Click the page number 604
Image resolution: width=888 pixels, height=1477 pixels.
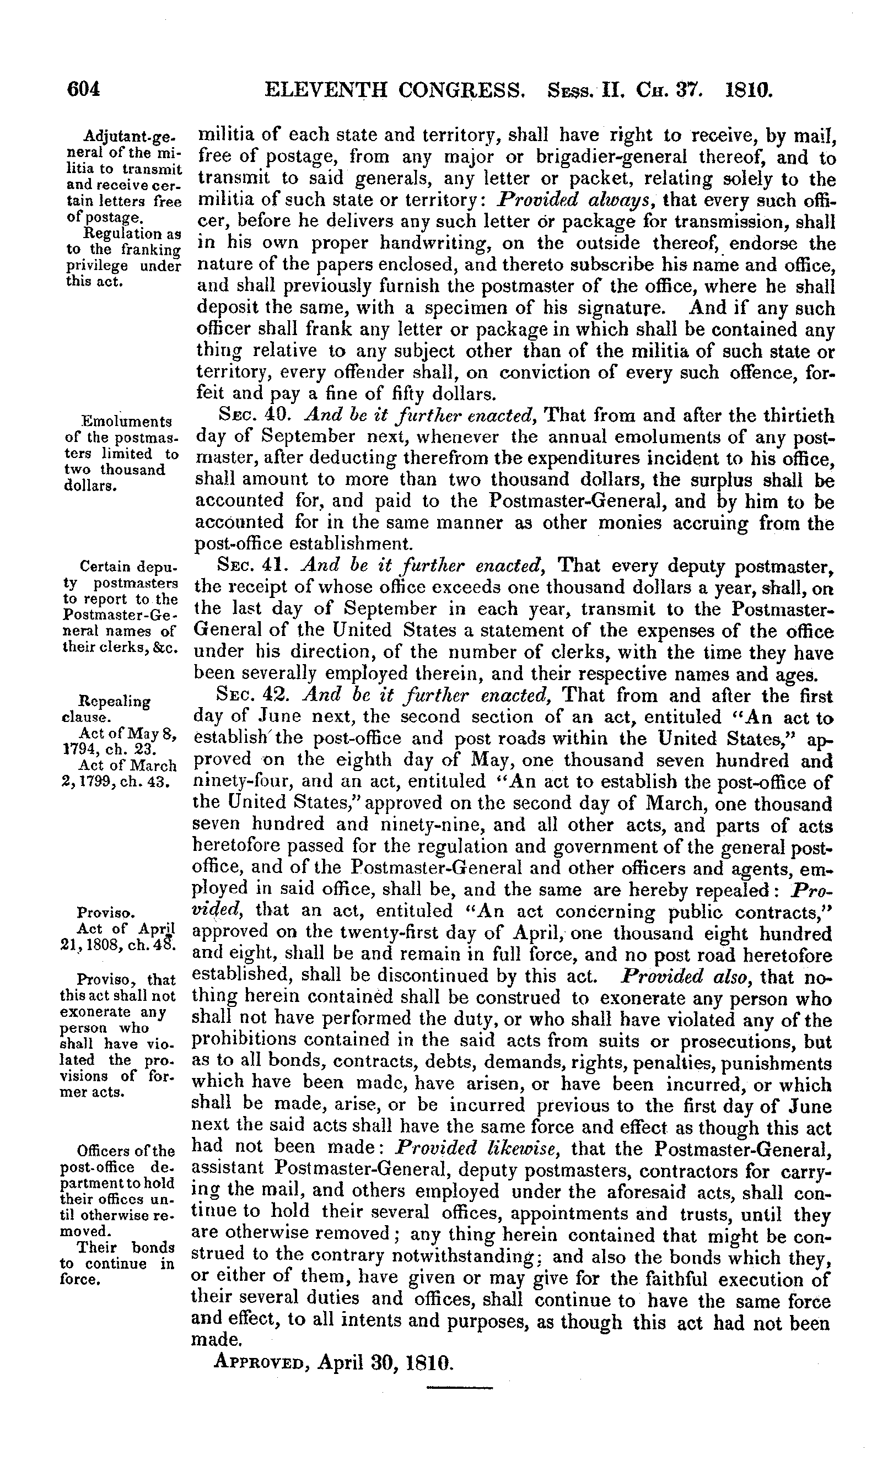point(83,89)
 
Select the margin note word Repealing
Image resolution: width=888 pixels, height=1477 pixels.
point(114,701)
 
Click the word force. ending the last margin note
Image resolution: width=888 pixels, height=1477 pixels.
point(83,1280)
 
